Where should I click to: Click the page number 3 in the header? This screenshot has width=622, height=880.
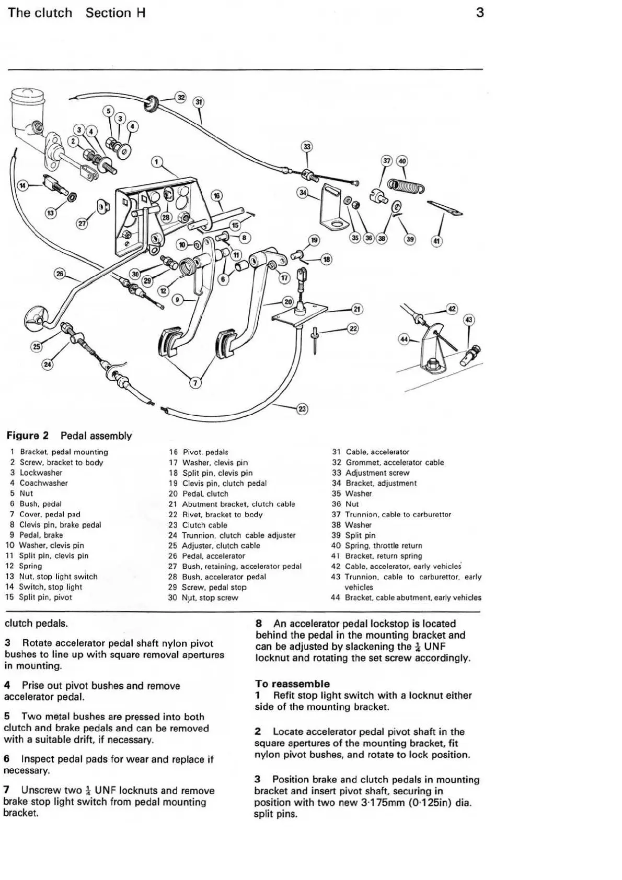click(480, 13)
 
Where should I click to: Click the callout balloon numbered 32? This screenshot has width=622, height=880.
click(181, 97)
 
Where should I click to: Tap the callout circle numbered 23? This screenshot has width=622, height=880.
click(302, 409)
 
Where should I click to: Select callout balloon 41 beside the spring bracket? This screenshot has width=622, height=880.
click(436, 241)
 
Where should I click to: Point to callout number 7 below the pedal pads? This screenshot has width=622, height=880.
click(195, 383)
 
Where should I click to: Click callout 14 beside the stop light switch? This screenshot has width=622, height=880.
click(22, 185)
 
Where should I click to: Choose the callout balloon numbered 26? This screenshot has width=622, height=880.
click(60, 274)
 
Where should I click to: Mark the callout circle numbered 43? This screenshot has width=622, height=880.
click(468, 320)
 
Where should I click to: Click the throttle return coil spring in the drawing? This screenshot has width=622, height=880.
click(406, 185)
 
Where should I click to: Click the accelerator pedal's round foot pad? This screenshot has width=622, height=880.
click(36, 318)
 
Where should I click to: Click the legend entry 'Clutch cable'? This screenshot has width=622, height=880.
click(204, 525)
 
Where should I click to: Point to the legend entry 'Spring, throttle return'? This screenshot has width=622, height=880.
click(384, 545)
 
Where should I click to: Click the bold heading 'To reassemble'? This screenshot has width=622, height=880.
click(292, 684)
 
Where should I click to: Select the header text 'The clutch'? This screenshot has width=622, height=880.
click(40, 13)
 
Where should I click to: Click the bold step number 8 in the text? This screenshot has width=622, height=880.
click(259, 624)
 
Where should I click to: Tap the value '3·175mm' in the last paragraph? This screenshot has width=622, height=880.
click(383, 803)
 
